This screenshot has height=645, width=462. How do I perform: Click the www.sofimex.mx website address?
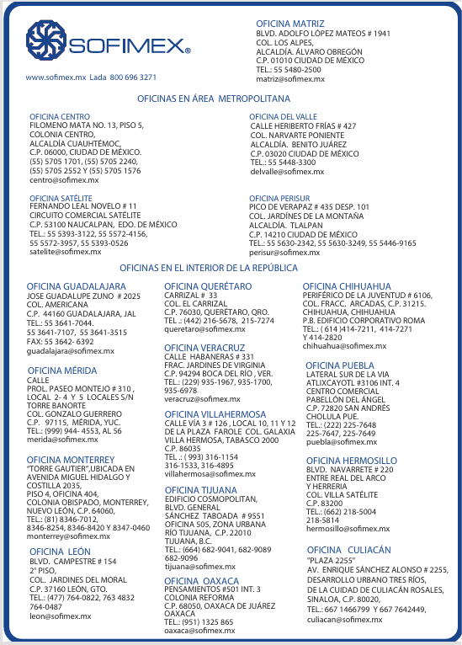click(56, 77)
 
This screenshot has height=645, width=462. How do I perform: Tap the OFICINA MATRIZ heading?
click(289, 23)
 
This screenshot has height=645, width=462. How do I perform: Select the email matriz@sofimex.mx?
click(290, 78)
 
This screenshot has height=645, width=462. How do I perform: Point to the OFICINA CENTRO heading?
click(60, 116)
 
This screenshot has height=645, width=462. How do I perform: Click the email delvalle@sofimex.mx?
click(287, 171)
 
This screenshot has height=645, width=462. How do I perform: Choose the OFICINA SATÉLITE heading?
click(61, 198)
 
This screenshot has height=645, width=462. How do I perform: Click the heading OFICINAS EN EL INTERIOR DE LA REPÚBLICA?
click(208, 268)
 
